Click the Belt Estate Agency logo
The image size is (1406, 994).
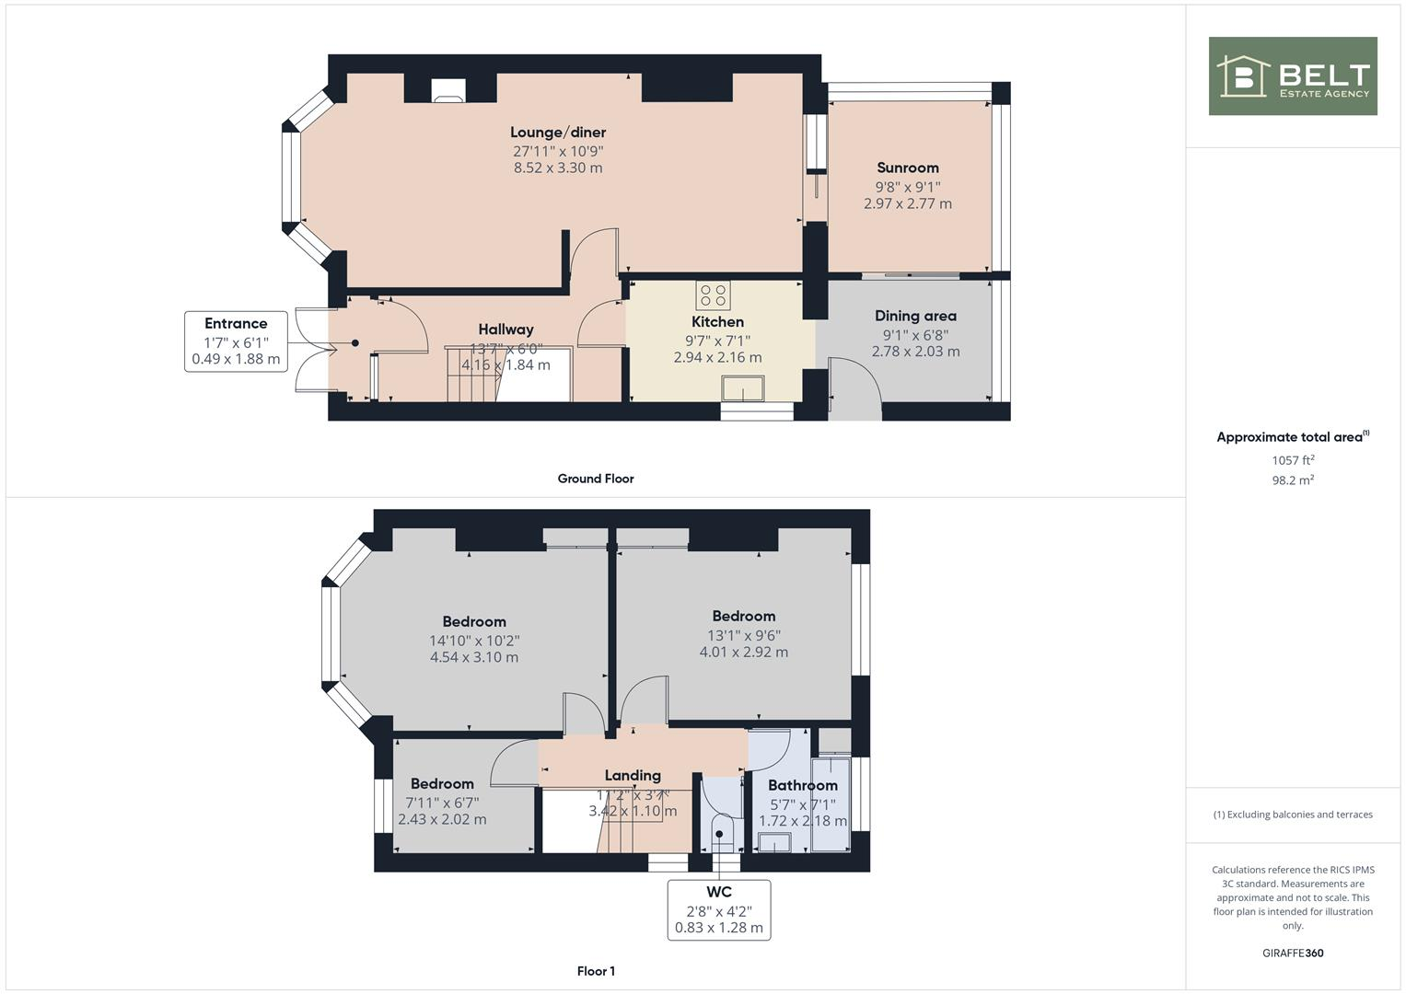[1292, 76]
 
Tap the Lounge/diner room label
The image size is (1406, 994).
[558, 133]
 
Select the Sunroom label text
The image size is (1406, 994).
[908, 168]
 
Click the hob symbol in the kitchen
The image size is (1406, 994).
[713, 295]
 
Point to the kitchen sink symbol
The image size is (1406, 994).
[743, 388]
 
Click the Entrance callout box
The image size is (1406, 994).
[236, 341]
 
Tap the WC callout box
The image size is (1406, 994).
[719, 910]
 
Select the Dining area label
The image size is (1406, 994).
[915, 317]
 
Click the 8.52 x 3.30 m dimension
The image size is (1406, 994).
[558, 168]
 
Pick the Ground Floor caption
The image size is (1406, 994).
[596, 479]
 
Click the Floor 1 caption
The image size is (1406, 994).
[596, 971]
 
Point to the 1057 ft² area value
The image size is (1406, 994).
[1293, 460]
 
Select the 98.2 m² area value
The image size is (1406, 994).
[1293, 480]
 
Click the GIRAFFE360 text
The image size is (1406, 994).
[1293, 954]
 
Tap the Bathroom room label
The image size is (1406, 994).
[803, 785]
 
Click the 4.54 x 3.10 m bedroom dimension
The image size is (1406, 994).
[474, 657]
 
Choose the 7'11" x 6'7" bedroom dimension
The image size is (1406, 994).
[442, 803]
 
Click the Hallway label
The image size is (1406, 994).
[505, 329]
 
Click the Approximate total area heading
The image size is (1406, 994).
[1291, 437]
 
